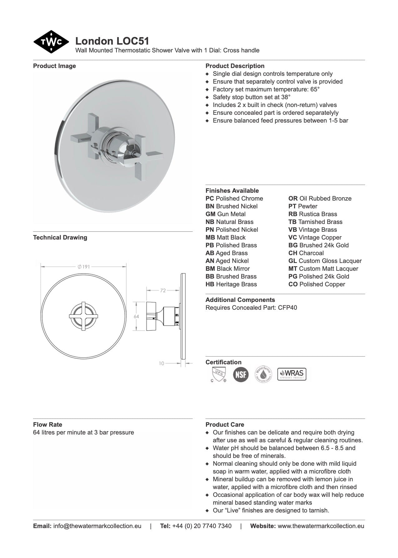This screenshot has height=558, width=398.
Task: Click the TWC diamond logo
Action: (x=51, y=42)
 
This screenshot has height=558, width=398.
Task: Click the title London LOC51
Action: (x=112, y=41)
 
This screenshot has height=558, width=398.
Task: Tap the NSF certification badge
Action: (x=241, y=374)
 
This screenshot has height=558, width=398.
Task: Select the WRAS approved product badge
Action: (x=292, y=374)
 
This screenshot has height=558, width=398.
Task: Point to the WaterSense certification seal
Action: (x=263, y=374)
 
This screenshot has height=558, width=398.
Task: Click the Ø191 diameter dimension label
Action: (x=84, y=267)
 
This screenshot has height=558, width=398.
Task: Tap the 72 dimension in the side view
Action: (x=163, y=290)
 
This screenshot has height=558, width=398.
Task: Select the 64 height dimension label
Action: (x=136, y=316)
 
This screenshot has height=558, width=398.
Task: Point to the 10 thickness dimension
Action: (x=161, y=363)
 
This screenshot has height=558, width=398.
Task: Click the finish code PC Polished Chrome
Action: (x=234, y=198)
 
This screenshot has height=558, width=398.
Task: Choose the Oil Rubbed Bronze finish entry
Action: (x=320, y=198)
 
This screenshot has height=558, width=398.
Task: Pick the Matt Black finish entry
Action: (x=225, y=237)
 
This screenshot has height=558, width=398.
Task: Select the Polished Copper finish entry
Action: (x=317, y=284)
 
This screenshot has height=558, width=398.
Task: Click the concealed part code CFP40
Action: (x=287, y=308)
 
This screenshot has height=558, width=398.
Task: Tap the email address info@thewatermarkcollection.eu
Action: (x=97, y=526)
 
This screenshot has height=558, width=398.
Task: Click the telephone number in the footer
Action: (x=202, y=526)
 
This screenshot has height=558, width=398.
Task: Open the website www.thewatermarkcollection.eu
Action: (x=321, y=526)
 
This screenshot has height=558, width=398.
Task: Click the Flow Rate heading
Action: (x=47, y=425)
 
